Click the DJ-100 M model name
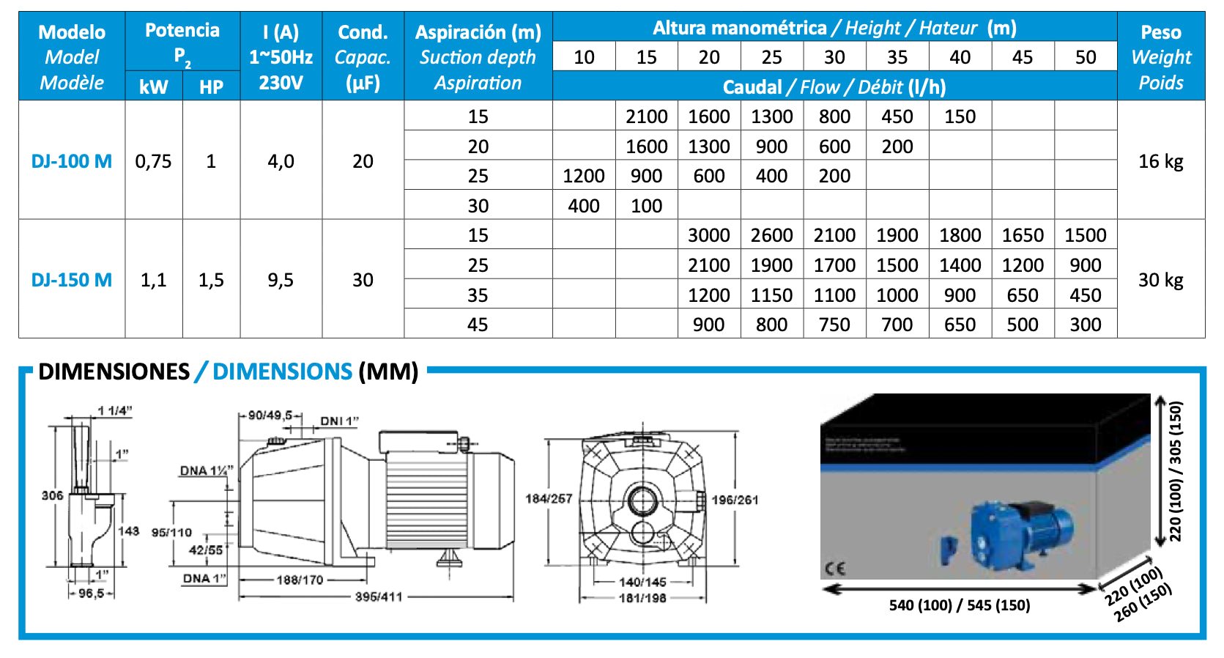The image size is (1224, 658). (72, 161)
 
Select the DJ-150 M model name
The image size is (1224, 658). (72, 280)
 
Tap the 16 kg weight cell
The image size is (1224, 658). (1160, 161)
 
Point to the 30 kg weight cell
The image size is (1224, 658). (1160, 280)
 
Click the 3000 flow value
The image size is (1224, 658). (708, 235)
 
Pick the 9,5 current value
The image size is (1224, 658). (281, 280)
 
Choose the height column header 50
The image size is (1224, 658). (1085, 57)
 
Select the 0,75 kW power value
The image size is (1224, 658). (153, 161)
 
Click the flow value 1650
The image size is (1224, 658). (1023, 235)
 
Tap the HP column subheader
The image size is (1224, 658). (211, 87)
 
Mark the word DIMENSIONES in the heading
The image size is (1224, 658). (114, 371)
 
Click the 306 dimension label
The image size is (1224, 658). (52, 495)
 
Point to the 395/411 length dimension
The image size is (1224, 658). (379, 597)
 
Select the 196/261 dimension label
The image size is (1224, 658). (735, 500)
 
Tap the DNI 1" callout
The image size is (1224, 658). (339, 421)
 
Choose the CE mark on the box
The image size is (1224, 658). (835, 568)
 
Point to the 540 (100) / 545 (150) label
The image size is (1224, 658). (960, 605)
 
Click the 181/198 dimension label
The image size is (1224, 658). (642, 598)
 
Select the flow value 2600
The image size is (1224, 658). (771, 235)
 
